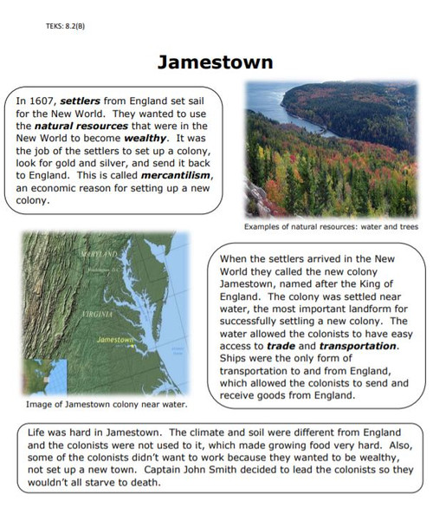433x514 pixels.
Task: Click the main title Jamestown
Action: click(x=216, y=62)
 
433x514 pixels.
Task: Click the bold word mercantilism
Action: click(x=178, y=175)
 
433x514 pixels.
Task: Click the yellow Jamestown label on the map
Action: click(x=117, y=339)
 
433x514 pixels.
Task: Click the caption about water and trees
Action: click(x=331, y=227)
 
